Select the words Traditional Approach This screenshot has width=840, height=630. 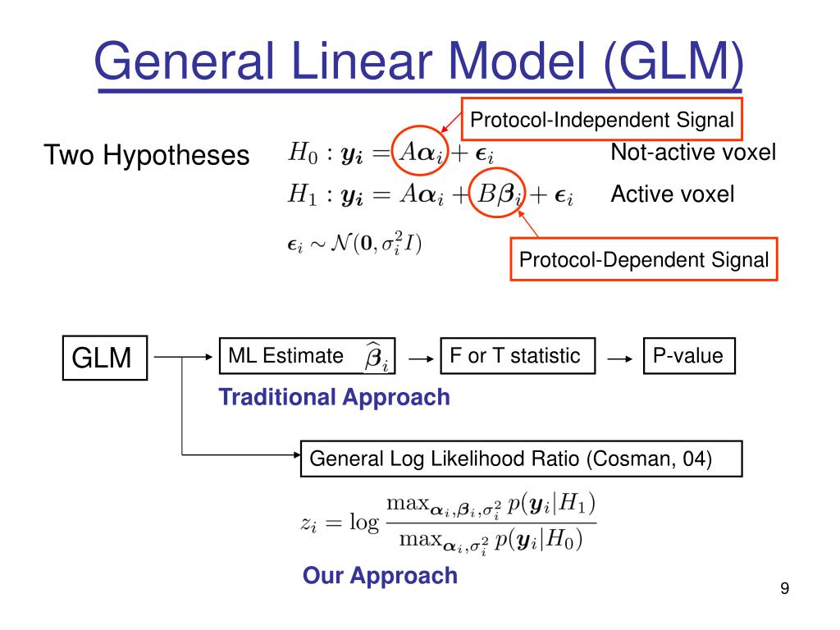click(335, 398)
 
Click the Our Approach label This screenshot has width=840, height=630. click(381, 576)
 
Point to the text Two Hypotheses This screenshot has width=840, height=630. click(147, 155)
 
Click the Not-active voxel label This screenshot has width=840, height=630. click(693, 152)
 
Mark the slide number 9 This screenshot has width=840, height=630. click(785, 588)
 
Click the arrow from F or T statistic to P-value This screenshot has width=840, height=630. click(620, 359)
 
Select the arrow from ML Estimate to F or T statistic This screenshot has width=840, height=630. click(421, 359)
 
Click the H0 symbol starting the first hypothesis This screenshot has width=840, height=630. click(303, 153)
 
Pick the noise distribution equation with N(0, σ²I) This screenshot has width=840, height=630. click(354, 244)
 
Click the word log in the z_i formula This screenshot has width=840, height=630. click(364, 522)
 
